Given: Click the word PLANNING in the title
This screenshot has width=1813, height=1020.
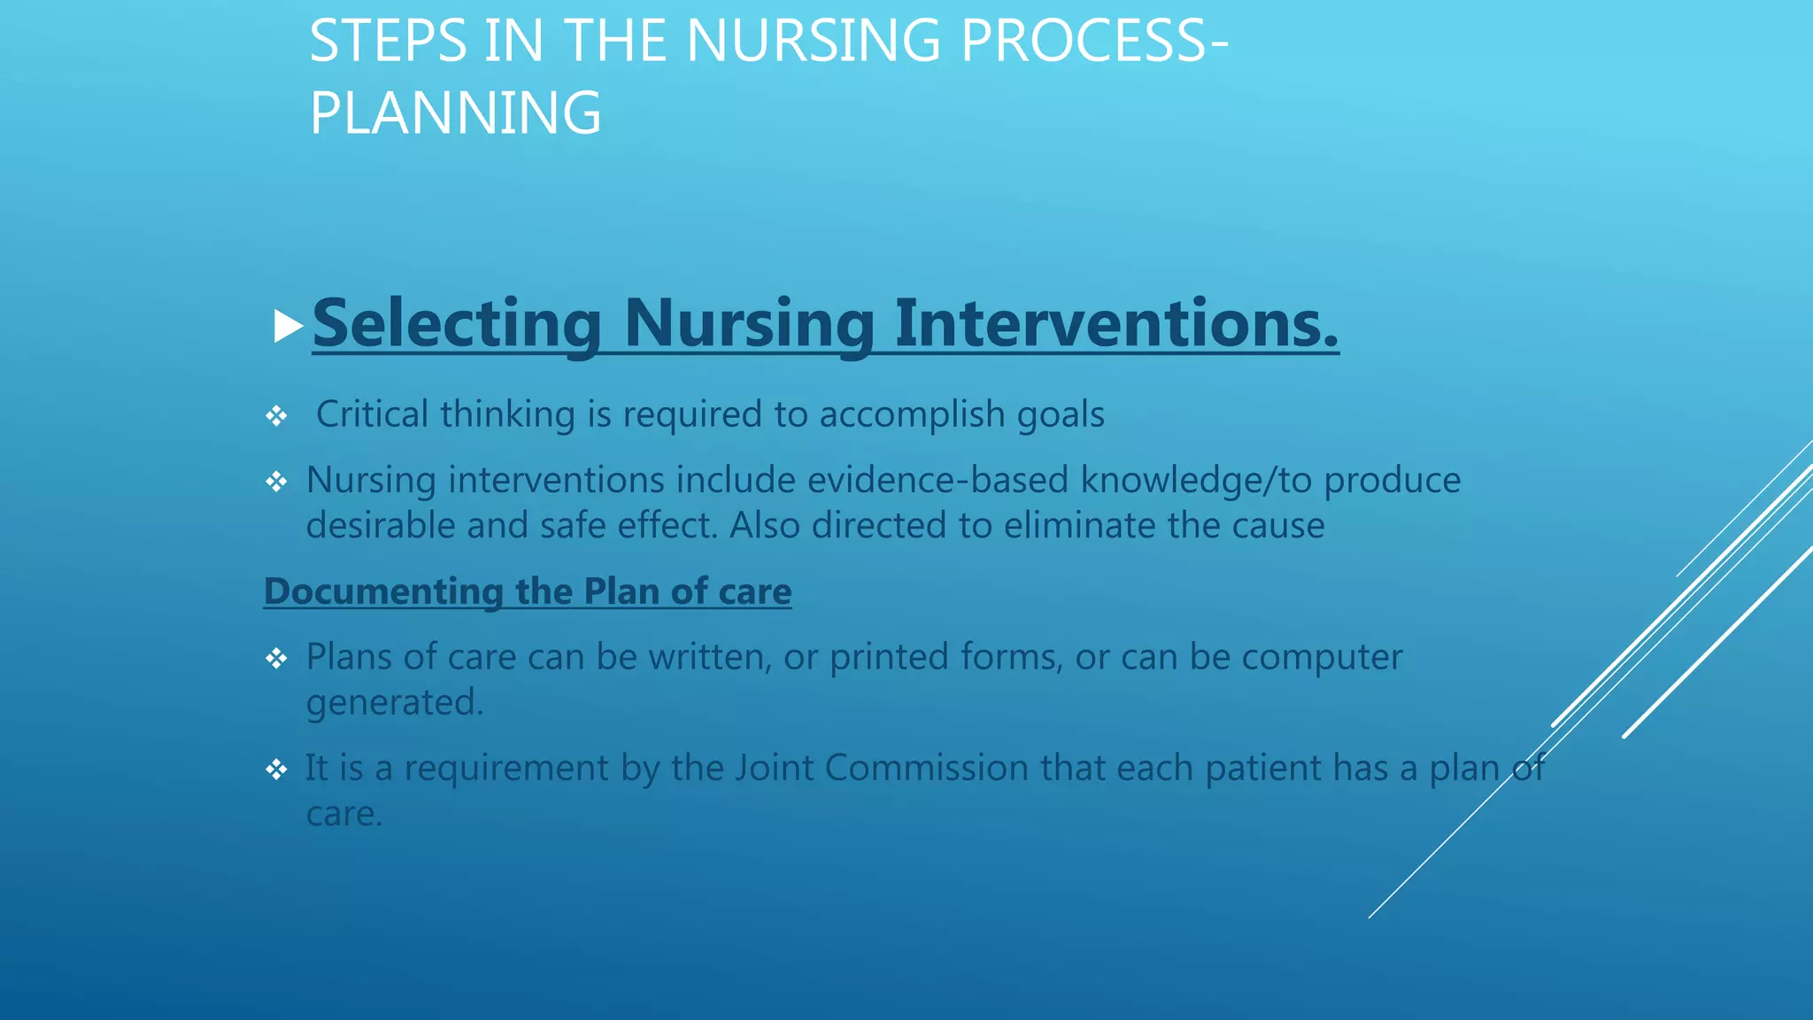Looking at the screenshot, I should [455, 113].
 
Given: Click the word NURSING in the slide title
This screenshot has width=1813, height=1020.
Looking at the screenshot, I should [813, 42].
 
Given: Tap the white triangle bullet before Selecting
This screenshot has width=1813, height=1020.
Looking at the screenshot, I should [288, 326].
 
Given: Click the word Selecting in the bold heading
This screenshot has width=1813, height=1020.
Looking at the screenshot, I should [457, 323].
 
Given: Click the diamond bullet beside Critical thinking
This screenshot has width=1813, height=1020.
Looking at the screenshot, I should [276, 415].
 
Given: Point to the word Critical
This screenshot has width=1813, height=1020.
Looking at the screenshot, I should [372, 414].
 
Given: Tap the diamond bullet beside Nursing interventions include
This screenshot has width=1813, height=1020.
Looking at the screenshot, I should [276, 482].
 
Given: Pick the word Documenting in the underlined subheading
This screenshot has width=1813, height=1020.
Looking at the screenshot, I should [382, 591].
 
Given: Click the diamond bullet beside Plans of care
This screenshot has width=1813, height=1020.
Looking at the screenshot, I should [276, 658].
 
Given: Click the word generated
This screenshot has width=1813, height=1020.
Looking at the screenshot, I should [394, 703].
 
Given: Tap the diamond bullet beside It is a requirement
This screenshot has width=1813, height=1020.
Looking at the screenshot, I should [276, 769].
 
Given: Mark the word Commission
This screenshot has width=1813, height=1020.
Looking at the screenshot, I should [926, 768].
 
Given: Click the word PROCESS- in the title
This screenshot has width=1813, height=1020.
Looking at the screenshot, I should [1094, 42].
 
